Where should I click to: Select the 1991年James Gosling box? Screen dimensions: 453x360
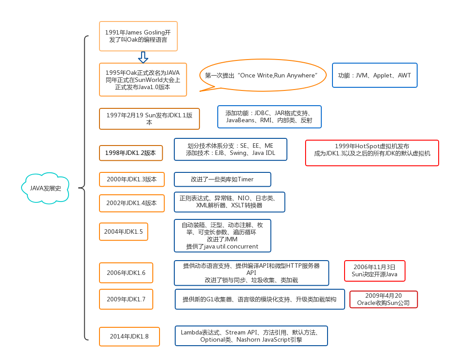click(x=138, y=36)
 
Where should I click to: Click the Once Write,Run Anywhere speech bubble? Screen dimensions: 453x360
click(x=260, y=76)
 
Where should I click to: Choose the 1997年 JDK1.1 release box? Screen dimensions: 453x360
click(x=149, y=119)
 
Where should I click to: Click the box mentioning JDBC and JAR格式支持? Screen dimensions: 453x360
click(x=269, y=117)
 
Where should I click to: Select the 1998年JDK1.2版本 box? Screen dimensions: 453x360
click(x=130, y=153)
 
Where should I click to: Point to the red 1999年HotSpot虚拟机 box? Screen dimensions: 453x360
click(x=372, y=153)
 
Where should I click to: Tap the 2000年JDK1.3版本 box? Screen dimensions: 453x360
click(x=132, y=180)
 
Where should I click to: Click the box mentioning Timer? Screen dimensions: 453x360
click(x=222, y=180)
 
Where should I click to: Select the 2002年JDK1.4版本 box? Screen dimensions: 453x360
click(x=132, y=203)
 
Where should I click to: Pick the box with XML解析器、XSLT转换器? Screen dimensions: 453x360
click(x=229, y=202)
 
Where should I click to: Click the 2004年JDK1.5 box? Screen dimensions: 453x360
click(x=123, y=232)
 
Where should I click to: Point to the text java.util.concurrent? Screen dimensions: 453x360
click(x=222, y=247)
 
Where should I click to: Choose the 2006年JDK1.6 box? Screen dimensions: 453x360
click(x=126, y=273)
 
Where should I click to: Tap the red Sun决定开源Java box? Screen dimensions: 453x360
click(x=374, y=271)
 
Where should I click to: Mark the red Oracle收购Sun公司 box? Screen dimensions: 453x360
click(x=383, y=300)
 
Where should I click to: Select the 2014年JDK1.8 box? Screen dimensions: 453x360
click(x=129, y=336)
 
